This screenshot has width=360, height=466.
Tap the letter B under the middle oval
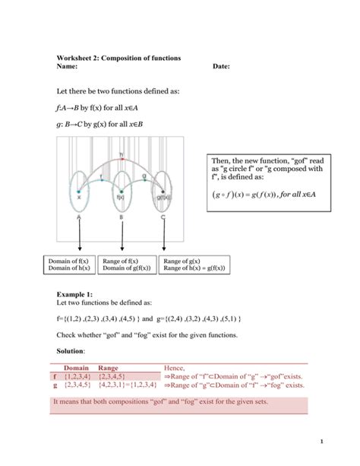pos(121,217)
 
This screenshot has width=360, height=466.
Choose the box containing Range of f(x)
pos(126,265)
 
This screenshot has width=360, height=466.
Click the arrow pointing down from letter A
pos(80,239)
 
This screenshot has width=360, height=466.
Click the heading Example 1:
pos(75,292)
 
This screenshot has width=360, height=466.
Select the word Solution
pos(71,351)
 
